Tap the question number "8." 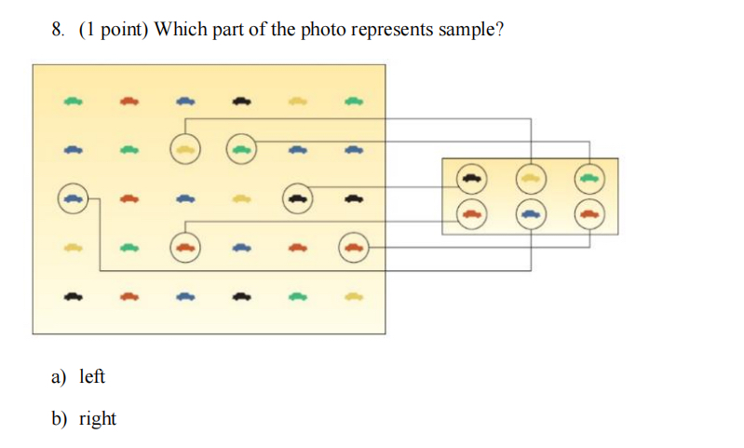(x=59, y=29)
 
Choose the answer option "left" (x=92, y=376)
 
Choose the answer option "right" (x=98, y=418)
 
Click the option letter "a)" (x=60, y=376)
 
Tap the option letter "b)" (x=60, y=418)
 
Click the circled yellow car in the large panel (x=185, y=147)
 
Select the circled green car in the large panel (x=241, y=147)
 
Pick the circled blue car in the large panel (x=74, y=197)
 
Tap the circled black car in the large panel (x=297, y=197)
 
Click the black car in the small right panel (x=471, y=175)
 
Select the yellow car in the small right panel (x=530, y=175)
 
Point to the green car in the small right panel (x=588, y=175)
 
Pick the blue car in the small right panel (x=530, y=213)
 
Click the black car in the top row (x=241, y=100)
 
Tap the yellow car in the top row (x=297, y=100)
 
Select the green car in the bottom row (x=297, y=297)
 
